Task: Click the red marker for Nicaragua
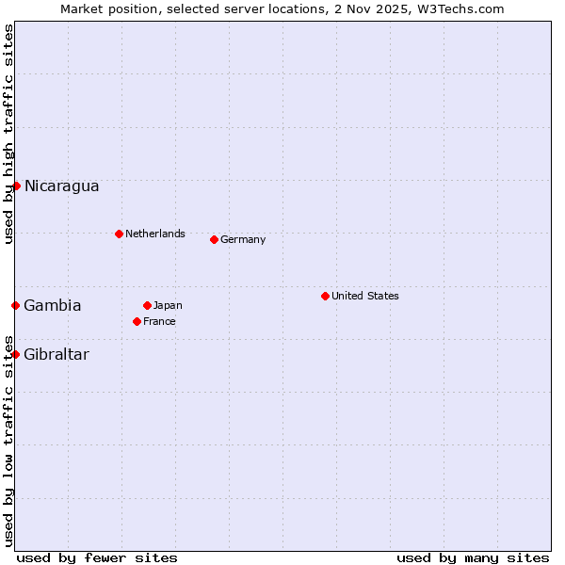tap(16, 186)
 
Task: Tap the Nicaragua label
tap(61, 186)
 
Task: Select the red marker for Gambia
tap(16, 305)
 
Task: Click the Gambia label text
tap(53, 306)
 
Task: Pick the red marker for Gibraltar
tap(16, 354)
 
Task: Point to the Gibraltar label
tap(56, 355)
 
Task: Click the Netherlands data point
tap(119, 234)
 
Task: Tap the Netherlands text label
tap(155, 234)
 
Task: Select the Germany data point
tap(214, 239)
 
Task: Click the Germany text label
tap(243, 239)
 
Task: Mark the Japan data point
tap(147, 305)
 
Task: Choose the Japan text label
tap(168, 305)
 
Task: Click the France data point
tap(137, 321)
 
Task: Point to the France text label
tap(159, 321)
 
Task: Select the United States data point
tap(325, 296)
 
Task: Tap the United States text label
tap(365, 296)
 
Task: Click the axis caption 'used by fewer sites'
tap(97, 557)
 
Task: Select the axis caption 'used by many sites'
tap(473, 557)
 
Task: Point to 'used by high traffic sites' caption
tap(8, 134)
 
